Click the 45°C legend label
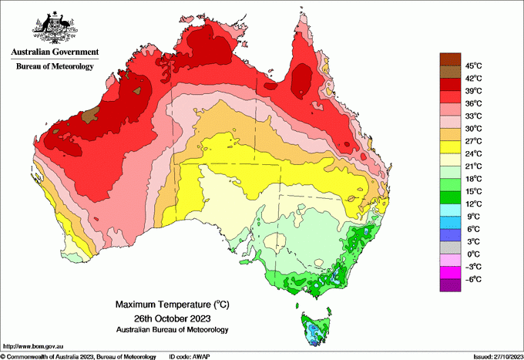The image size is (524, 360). pyautogui.click(x=472, y=66)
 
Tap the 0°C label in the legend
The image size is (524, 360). pyautogui.click(x=472, y=254)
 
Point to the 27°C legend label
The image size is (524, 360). pyautogui.click(x=472, y=141)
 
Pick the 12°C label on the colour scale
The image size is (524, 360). pyautogui.click(x=472, y=204)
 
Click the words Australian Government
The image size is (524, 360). pyautogui.click(x=55, y=52)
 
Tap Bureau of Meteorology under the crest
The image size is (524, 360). pyautogui.click(x=55, y=67)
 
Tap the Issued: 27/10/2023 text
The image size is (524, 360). pyautogui.click(x=497, y=356)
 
